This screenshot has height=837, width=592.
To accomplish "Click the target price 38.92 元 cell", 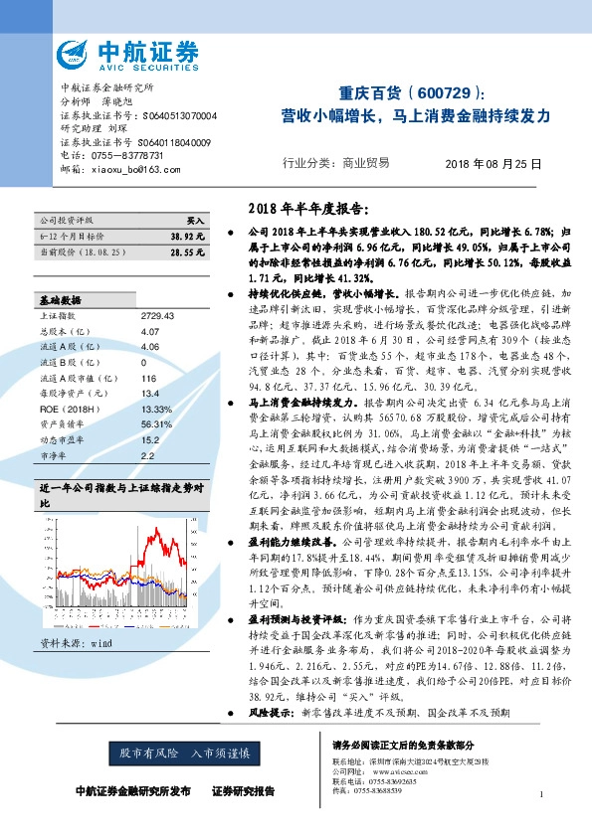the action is [x=187, y=236].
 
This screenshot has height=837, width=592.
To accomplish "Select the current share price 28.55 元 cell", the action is [x=187, y=253].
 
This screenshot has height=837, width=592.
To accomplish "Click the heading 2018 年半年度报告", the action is [x=304, y=209].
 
